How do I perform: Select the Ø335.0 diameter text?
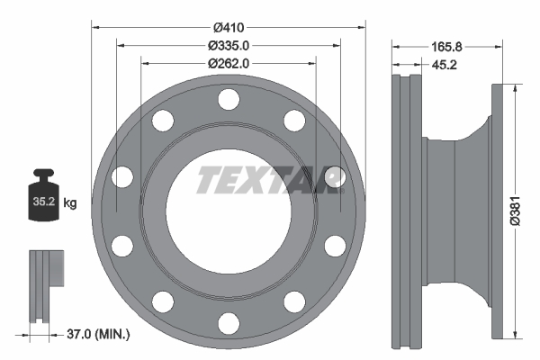point(229,45)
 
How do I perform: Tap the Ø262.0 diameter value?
point(229,63)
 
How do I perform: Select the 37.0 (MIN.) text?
point(99,335)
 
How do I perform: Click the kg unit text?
point(70,204)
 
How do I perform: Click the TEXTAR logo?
point(270,180)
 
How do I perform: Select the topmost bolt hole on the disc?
point(229,99)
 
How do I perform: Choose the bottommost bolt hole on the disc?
point(229,318)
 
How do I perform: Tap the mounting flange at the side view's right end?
point(497,211)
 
